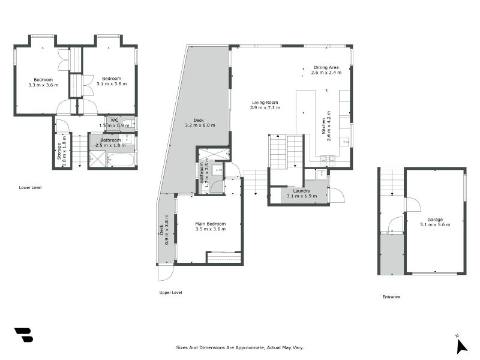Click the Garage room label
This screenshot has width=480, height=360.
pyautogui.click(x=434, y=219)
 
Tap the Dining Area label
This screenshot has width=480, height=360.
pyautogui.click(x=326, y=67)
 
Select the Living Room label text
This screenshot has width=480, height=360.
pyautogui.click(x=264, y=103)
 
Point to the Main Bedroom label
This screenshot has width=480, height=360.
pyautogui.click(x=209, y=224)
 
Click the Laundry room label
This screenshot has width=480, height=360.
pyautogui.click(x=301, y=191)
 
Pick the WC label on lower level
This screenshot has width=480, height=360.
pyautogui.click(x=114, y=120)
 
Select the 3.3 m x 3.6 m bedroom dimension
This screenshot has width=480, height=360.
pyautogui.click(x=43, y=85)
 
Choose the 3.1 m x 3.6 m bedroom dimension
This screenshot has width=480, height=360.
pyautogui.click(x=112, y=84)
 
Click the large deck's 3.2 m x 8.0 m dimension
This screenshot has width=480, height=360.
pyautogui.click(x=199, y=125)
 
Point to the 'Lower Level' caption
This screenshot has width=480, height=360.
pyautogui.click(x=30, y=188)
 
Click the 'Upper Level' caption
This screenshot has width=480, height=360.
pyautogui.click(x=170, y=293)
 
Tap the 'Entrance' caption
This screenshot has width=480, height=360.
pyautogui.click(x=391, y=297)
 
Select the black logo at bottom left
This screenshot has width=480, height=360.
pyautogui.click(x=23, y=335)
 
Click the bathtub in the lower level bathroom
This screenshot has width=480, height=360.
pyautogui.click(x=122, y=159)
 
